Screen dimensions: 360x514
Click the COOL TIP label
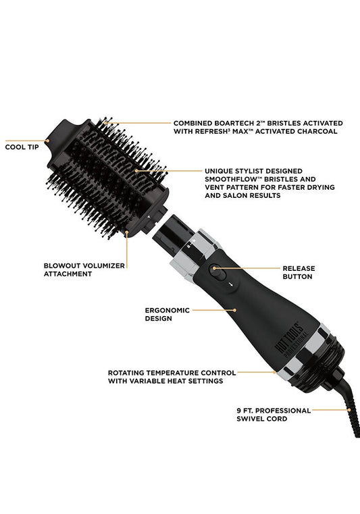[x=22, y=147]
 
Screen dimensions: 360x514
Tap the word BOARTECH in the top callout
[x=232, y=123]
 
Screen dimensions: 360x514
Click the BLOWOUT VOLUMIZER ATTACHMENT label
[x=84, y=269]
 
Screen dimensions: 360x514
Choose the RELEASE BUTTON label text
[x=299, y=272]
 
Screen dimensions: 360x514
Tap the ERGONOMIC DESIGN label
[x=168, y=314]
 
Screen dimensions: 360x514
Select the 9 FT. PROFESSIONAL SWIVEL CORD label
[x=274, y=415]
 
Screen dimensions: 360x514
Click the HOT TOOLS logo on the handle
[x=292, y=338]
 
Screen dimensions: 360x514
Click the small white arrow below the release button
[x=232, y=284]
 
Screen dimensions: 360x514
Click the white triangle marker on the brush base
[x=149, y=217]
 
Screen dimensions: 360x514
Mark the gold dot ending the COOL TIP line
[x=47, y=141]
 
